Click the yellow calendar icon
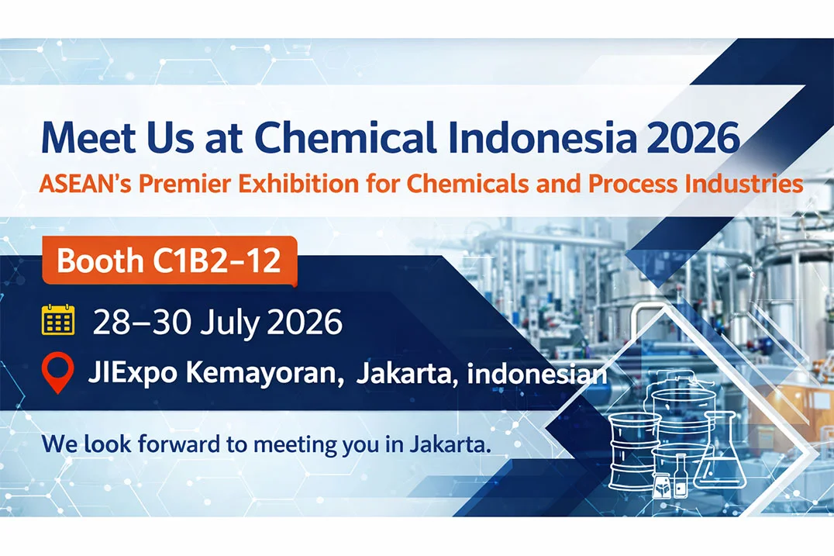(x=58, y=319)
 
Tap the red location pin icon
(x=57, y=372)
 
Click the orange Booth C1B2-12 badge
(x=169, y=261)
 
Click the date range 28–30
(x=142, y=322)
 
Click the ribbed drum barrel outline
(x=633, y=451)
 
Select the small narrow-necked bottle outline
(x=681, y=475)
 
